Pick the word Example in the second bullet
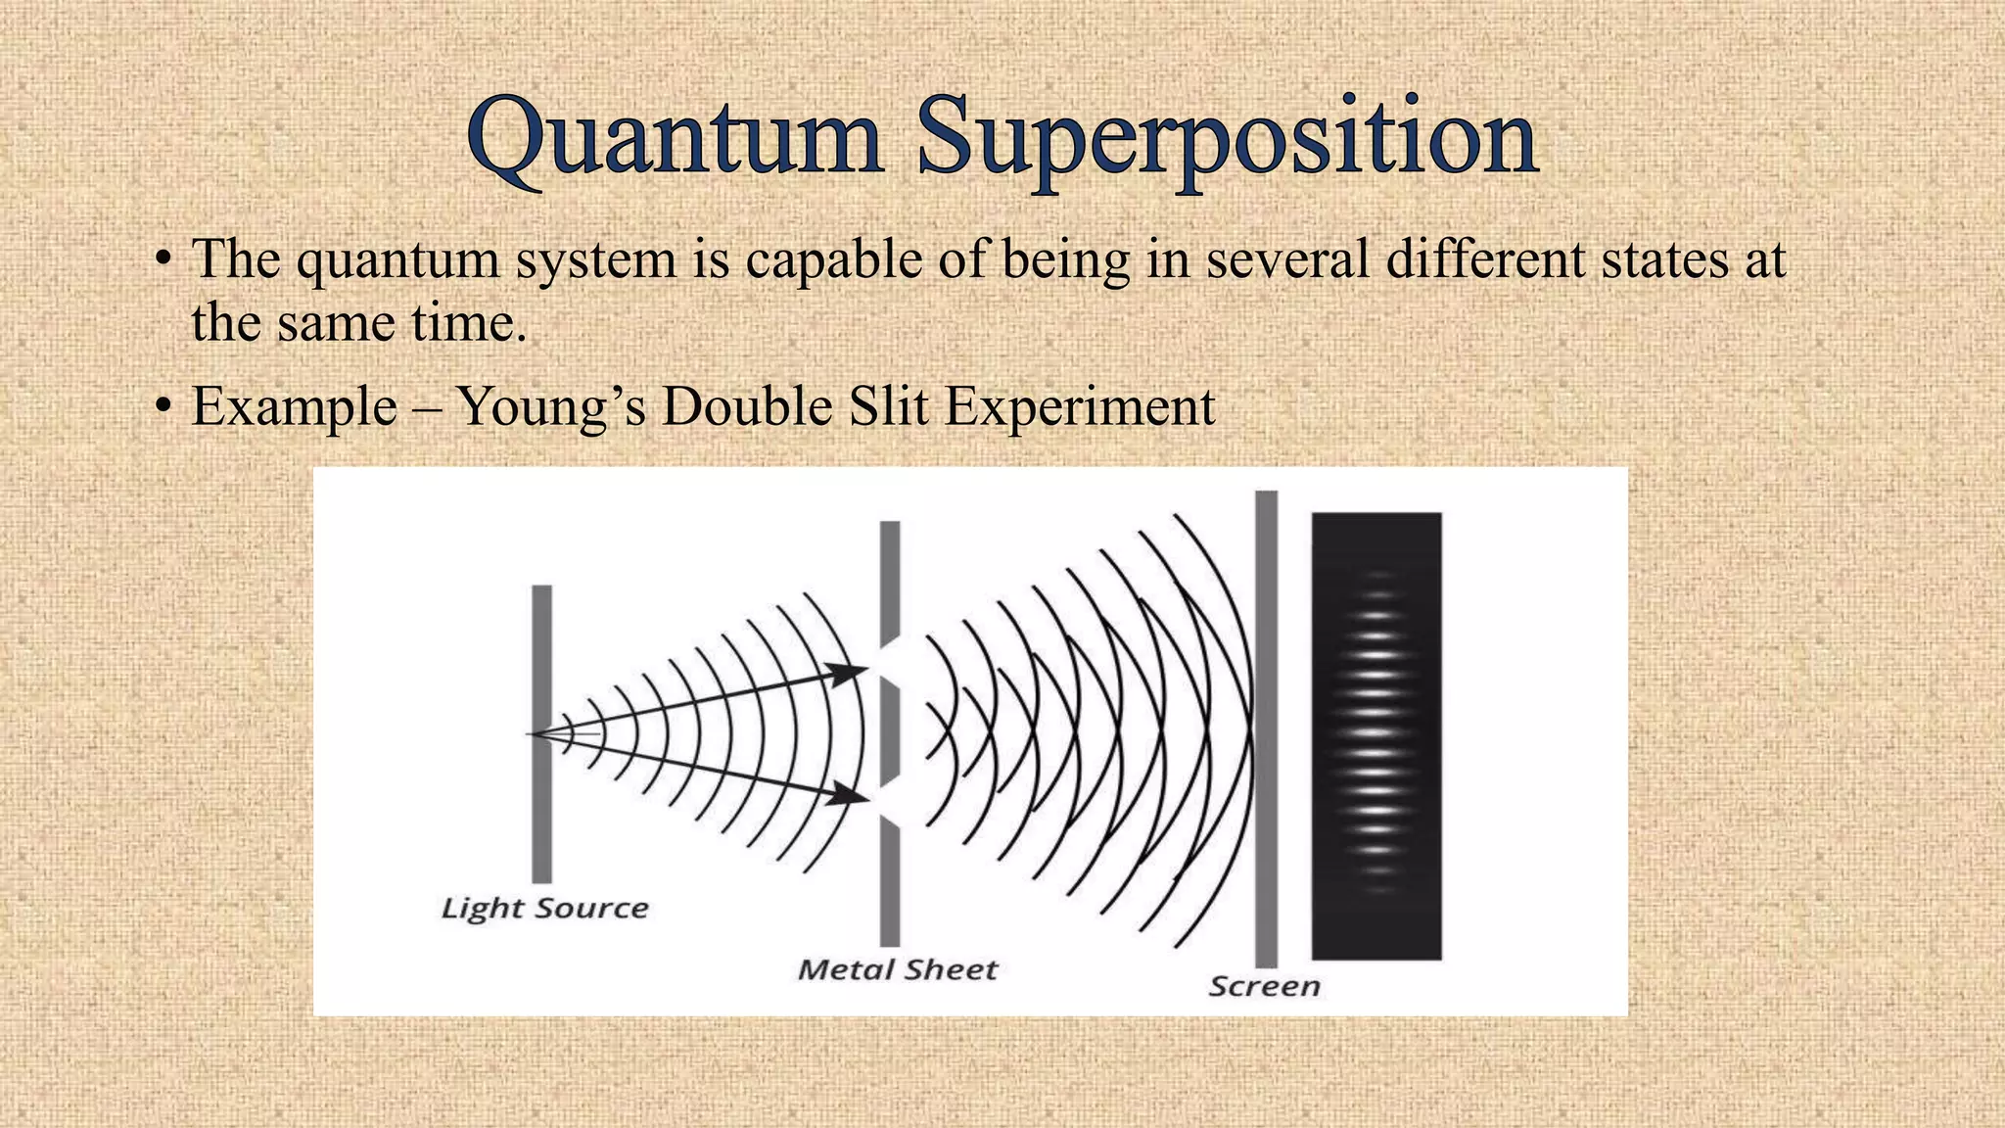coord(294,407)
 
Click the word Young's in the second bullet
coord(552,407)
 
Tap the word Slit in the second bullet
coord(888,405)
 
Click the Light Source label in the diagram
coord(544,909)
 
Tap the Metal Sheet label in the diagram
coord(897,970)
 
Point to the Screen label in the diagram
coord(1264,986)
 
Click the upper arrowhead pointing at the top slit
coord(848,673)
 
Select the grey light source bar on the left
coord(541,734)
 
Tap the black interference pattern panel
coord(1376,734)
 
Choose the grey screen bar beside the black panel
coord(1266,729)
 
